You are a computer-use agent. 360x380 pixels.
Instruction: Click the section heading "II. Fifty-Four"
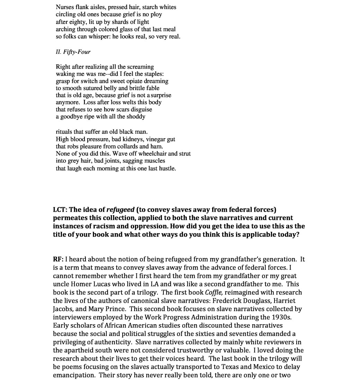click(x=73, y=52)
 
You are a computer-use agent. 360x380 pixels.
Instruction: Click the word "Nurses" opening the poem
click(x=65, y=7)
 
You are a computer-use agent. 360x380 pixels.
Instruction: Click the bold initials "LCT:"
click(x=60, y=210)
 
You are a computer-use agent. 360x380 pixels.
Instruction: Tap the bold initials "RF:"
click(x=58, y=259)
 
